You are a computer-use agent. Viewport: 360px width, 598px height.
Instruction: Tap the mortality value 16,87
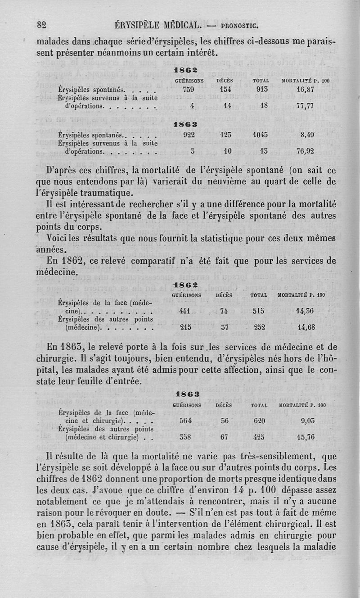click(x=304, y=89)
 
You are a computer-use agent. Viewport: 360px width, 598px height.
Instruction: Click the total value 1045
click(x=261, y=134)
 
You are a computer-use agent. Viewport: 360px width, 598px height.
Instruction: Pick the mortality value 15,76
click(x=305, y=436)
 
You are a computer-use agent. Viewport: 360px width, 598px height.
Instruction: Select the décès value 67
click(x=225, y=436)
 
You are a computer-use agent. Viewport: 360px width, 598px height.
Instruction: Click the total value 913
click(x=261, y=89)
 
